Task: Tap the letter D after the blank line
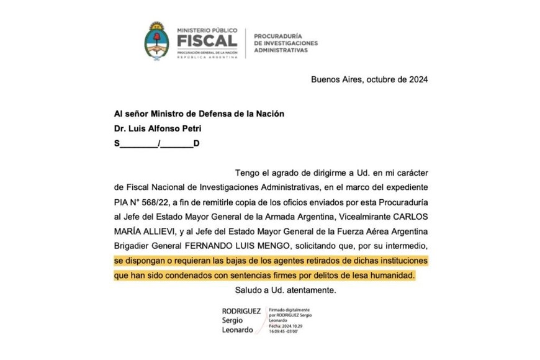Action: tap(196, 143)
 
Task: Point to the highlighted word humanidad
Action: tap(390, 274)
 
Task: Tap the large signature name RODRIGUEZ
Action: tap(241, 310)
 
